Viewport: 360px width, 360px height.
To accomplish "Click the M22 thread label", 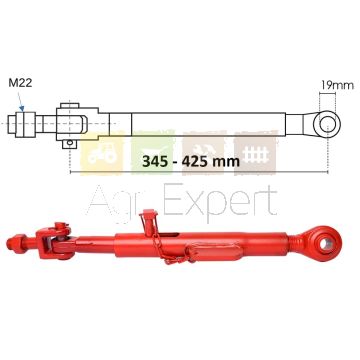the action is pyautogui.click(x=20, y=83).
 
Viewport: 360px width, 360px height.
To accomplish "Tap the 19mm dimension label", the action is pyautogui.click(x=337, y=85).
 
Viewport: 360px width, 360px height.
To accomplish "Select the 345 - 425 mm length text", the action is pyautogui.click(x=191, y=161).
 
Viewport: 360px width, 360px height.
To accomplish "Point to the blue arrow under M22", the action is pyautogui.click(x=20, y=101).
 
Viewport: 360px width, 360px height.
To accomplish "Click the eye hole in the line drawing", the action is pyautogui.click(x=328, y=124).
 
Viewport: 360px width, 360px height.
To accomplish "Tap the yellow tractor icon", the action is pyautogui.click(x=102, y=154).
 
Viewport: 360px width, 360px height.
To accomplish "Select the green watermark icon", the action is pyautogui.click(x=153, y=152).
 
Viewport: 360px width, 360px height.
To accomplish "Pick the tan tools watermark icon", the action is pyautogui.click(x=204, y=152).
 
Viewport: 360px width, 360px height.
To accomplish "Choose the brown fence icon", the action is pyautogui.click(x=255, y=152).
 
